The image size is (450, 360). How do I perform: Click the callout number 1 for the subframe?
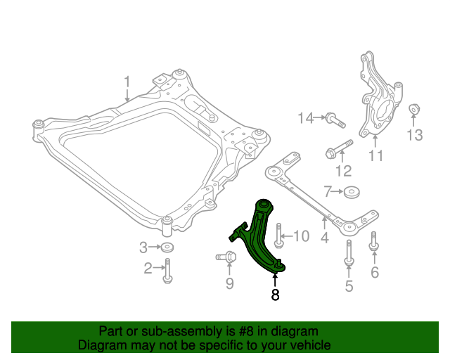[x=127, y=86]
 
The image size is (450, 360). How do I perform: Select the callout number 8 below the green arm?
[x=275, y=295]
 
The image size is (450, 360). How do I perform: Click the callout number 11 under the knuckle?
[x=376, y=155]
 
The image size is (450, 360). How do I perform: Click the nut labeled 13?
[x=415, y=111]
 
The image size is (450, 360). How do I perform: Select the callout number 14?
[x=304, y=118]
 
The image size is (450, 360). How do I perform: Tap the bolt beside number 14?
[x=335, y=120]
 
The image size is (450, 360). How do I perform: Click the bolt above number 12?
[x=339, y=149]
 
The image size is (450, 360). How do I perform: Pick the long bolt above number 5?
[x=348, y=253]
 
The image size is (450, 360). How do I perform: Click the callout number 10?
[x=300, y=236]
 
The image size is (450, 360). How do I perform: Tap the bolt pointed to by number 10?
[x=279, y=236]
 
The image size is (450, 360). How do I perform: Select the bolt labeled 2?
[x=167, y=271]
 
